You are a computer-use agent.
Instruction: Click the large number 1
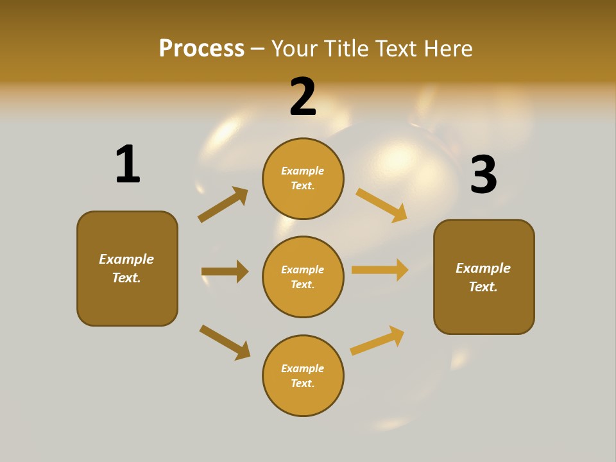tap(128, 165)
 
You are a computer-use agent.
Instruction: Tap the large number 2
tap(303, 97)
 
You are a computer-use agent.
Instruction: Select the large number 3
tap(483, 175)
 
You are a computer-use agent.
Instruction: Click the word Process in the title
tap(201, 48)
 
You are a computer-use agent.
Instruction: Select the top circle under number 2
tap(303, 178)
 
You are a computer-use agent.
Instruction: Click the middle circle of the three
tap(303, 277)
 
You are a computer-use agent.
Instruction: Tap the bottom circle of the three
tap(303, 375)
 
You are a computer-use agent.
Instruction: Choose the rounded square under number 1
tap(127, 268)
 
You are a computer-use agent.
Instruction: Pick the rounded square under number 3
tap(484, 277)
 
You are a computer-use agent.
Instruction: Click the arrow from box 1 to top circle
tap(223, 204)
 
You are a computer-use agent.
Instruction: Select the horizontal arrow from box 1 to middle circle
tap(225, 271)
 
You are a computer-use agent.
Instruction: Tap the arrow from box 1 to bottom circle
tap(225, 342)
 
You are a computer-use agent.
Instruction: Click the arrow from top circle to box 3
tap(382, 205)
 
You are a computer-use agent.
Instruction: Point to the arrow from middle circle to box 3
tap(380, 269)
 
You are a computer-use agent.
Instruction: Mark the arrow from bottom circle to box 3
tap(377, 341)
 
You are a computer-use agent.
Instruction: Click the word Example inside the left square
tap(126, 259)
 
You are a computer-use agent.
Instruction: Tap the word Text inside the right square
tap(482, 287)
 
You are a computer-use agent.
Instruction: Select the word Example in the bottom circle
tap(303, 368)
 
